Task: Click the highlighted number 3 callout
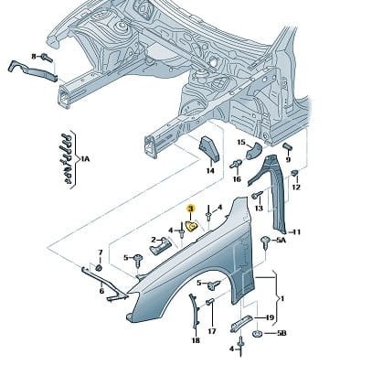191,209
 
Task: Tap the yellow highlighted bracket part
192,227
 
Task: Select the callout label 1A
86,159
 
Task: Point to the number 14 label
210,171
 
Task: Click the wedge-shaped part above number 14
209,149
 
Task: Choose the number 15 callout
241,143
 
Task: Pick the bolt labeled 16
236,165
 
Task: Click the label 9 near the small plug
288,159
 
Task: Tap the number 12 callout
296,187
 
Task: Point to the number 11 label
296,232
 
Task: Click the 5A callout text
282,241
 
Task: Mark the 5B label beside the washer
281,333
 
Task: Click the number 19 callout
270,317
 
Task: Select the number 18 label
196,340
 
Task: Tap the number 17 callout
212,331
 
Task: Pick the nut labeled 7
99,268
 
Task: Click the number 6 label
101,291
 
